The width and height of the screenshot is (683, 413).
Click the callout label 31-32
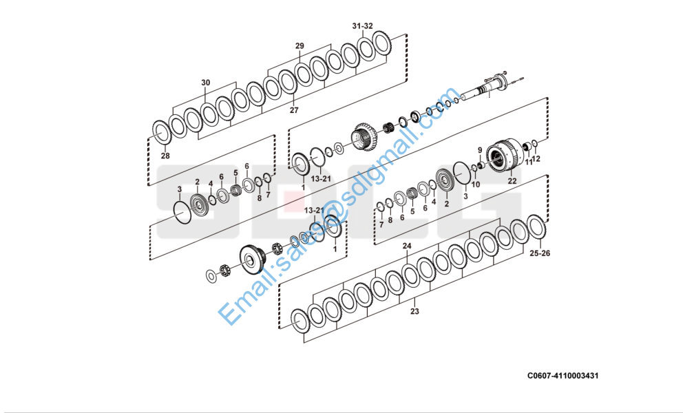(x=362, y=26)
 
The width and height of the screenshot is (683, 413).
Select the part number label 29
(x=300, y=46)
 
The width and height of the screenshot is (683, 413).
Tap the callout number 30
(x=205, y=83)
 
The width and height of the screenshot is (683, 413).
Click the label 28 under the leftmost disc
(x=165, y=156)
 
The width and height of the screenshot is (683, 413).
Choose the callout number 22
(x=512, y=181)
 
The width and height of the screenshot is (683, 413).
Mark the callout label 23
(x=414, y=311)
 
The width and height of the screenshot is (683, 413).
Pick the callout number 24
(x=407, y=246)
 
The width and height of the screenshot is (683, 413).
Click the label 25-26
(x=539, y=253)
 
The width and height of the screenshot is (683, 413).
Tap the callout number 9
(x=480, y=150)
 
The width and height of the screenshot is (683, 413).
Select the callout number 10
(x=476, y=184)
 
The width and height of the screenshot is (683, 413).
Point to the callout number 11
(x=529, y=162)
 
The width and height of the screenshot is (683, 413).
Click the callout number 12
(x=537, y=159)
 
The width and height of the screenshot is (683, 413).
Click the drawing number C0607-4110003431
(x=563, y=376)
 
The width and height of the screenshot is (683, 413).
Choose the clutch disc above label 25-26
(x=536, y=227)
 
